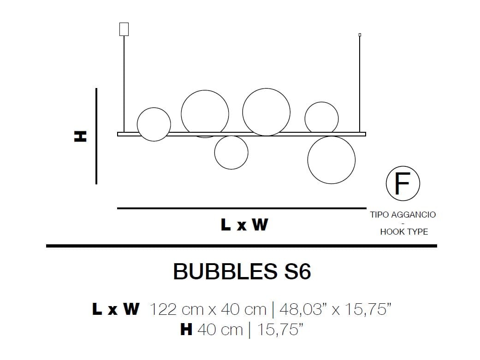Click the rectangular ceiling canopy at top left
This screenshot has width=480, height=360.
pos(124,29)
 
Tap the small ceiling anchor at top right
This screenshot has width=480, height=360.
pos(360,35)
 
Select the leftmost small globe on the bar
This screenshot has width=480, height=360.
pos(154,124)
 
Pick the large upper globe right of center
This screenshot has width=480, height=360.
pos(266,112)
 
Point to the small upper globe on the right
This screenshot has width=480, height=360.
pos(321,118)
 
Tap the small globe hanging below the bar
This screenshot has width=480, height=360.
pos(231,153)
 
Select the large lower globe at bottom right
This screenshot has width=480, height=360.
pos(331,160)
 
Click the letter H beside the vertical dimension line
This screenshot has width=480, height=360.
pos(80,136)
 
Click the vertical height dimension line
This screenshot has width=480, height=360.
pos(96,136)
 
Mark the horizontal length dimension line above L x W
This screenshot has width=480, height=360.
pos(242,208)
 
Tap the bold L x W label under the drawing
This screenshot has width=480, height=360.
pos(244,225)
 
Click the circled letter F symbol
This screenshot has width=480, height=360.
pos(403,184)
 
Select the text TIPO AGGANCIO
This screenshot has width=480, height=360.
pos(403,215)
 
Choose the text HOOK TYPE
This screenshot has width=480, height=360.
pos(404,232)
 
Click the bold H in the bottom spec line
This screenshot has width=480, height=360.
pos(186,330)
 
